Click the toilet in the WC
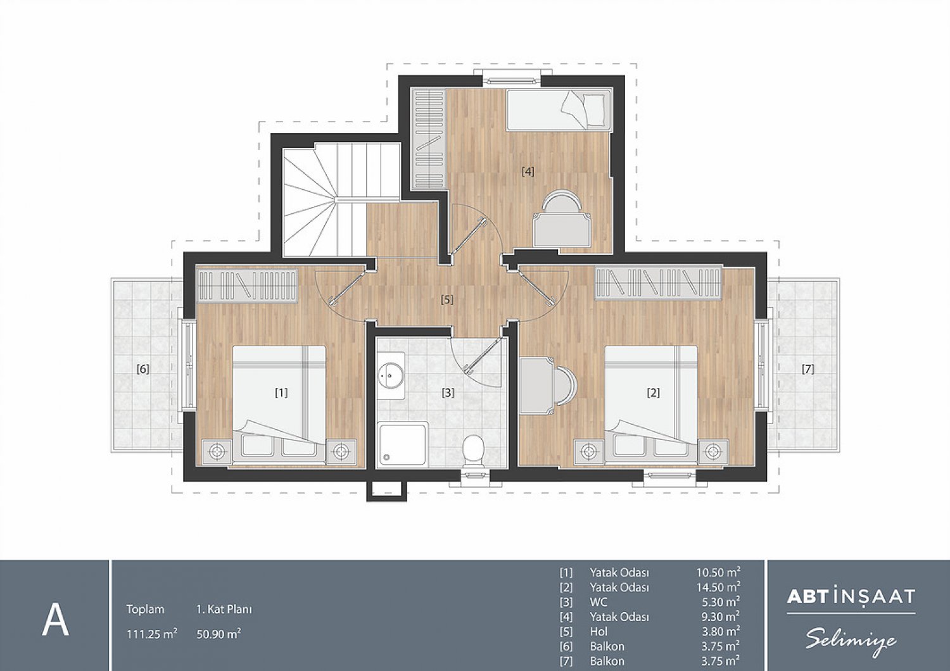coord(473,451)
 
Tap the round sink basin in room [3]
coord(391,375)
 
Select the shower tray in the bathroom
coord(403,445)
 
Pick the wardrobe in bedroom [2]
coord(658,282)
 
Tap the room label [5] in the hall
coord(447,299)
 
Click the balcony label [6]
coord(143,369)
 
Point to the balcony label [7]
coord(808,369)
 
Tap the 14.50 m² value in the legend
coord(718,587)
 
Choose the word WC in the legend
coord(598,601)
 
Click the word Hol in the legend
coord(599,631)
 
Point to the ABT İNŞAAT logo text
coord(851,597)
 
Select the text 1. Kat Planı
coord(224,610)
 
